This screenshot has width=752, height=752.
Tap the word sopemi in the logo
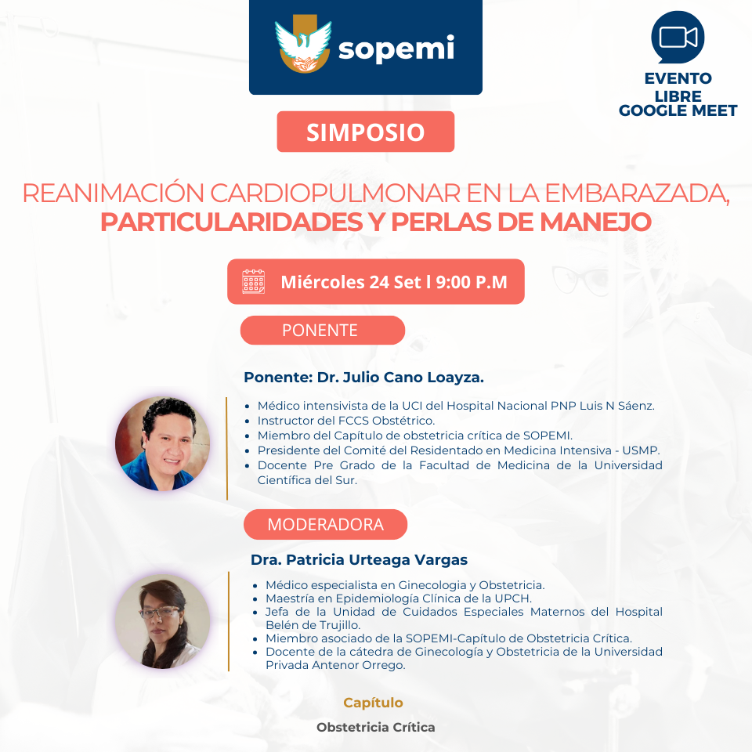click(x=396, y=49)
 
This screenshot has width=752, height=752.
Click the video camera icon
click(x=678, y=38)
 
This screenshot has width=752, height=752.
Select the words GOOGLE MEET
click(x=678, y=110)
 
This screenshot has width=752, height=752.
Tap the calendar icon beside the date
click(x=254, y=281)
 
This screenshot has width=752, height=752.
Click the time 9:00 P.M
click(x=472, y=282)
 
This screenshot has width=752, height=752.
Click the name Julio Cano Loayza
click(x=414, y=378)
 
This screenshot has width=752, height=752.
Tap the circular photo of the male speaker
click(x=163, y=443)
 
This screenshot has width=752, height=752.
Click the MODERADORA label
click(x=325, y=524)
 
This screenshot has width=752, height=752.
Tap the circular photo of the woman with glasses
click(x=163, y=621)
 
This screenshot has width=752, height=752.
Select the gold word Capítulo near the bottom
click(x=373, y=703)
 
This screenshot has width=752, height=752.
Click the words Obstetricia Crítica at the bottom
click(x=376, y=728)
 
